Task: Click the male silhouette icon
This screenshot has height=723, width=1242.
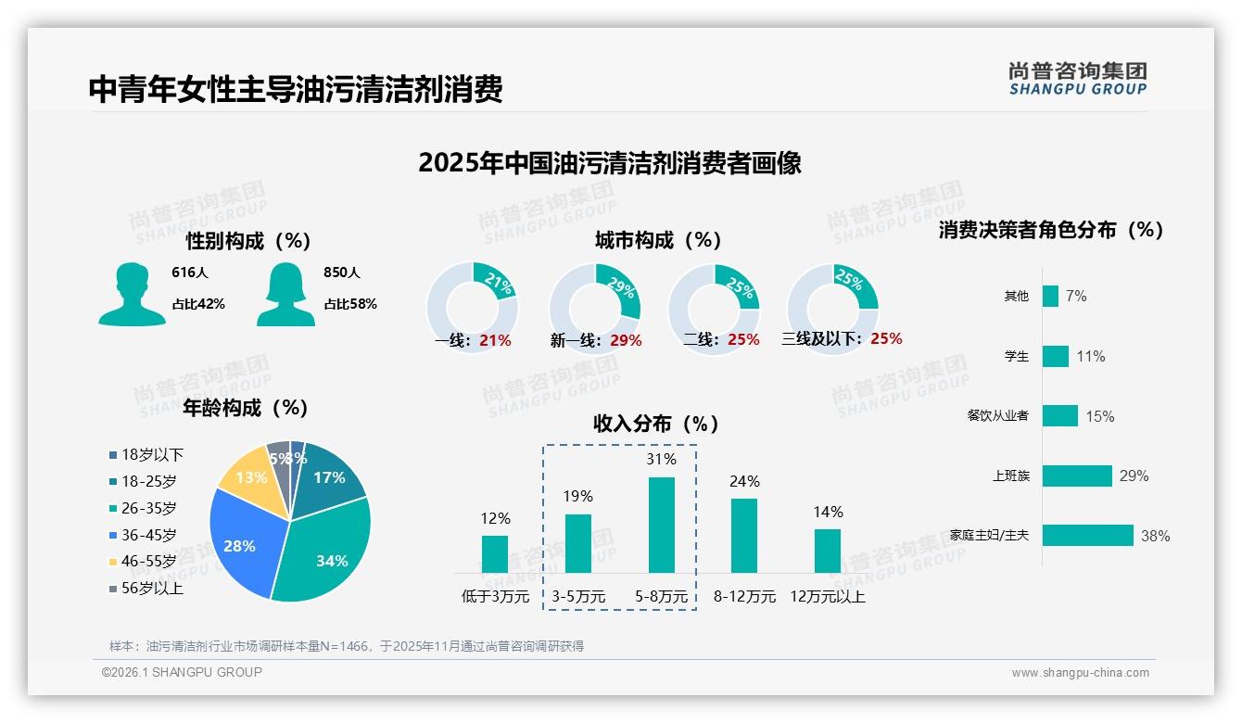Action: point(132,295)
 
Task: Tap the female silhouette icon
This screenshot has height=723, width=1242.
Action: point(285,295)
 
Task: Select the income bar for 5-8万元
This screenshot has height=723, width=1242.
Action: point(662,525)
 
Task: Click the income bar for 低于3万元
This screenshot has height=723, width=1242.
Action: point(495,553)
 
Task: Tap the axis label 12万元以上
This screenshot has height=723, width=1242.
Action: point(828,597)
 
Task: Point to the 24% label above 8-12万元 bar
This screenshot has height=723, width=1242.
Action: point(744,481)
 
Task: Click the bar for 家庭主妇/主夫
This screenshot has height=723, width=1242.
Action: point(1088,535)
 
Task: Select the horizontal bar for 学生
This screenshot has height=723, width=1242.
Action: point(1056,356)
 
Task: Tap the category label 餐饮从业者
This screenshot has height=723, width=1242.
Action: point(997,416)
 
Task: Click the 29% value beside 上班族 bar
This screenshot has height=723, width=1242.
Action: point(1134,476)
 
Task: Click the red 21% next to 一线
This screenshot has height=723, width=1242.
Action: point(495,340)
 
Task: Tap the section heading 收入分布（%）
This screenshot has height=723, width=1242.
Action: point(656,424)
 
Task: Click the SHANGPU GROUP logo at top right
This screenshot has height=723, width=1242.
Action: point(1078,79)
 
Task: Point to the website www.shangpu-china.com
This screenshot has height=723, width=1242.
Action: point(1080,673)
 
